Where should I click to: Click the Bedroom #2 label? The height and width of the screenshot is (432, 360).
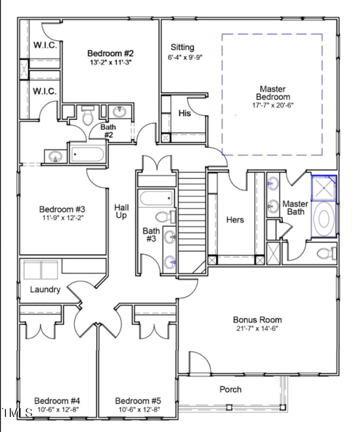[x=111, y=53]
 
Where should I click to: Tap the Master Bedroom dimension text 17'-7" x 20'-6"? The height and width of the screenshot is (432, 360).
[x=273, y=105]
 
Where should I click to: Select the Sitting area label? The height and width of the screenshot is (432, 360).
[x=182, y=47]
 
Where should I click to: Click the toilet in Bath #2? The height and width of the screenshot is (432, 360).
[x=88, y=116]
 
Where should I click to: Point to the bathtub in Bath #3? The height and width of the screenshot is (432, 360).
[x=156, y=198]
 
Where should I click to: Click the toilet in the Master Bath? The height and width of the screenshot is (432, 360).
[x=327, y=253]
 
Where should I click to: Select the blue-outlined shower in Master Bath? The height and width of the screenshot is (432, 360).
[x=323, y=188]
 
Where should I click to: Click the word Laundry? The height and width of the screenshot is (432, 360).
[x=45, y=290]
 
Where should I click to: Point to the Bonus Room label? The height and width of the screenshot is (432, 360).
[x=257, y=319]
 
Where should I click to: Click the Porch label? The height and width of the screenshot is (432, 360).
[x=230, y=389]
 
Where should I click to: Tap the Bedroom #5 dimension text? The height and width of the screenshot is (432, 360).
[x=139, y=410]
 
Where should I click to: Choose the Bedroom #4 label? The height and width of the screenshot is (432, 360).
[x=57, y=401]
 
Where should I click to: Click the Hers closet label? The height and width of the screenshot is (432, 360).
[x=235, y=219]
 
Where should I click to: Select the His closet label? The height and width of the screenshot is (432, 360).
[x=185, y=113]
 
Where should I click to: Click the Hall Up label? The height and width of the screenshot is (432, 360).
[x=121, y=211]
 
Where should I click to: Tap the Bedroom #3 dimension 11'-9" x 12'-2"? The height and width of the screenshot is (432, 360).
[x=63, y=218]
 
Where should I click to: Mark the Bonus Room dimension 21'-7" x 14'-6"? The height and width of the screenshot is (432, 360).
[x=257, y=329]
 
